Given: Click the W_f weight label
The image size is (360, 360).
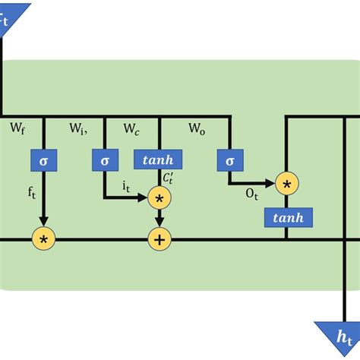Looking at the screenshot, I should point(17,129).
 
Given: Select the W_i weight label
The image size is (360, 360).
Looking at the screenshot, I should point(78,129).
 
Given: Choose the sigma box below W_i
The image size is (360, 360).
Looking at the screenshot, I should point(104,160).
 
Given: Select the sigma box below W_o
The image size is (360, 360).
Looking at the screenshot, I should point(227,160).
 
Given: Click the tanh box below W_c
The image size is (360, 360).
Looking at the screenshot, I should point(159,160).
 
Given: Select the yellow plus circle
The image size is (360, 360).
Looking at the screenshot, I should point(159,239).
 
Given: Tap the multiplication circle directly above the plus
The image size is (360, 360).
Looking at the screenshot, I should point(159,199).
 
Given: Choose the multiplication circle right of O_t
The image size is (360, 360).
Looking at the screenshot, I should point(286,185).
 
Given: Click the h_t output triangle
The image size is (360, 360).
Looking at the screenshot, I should point(336,334).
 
